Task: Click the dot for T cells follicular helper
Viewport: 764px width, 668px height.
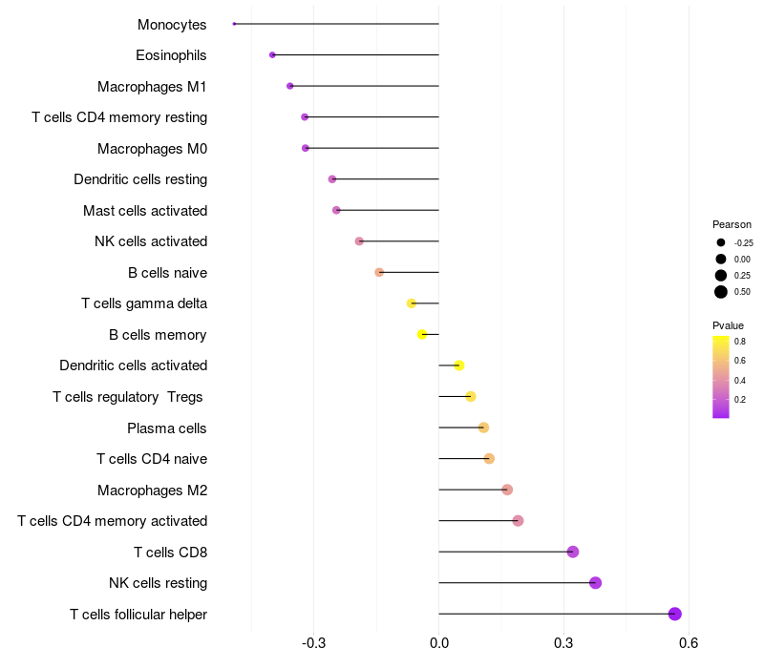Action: click(675, 614)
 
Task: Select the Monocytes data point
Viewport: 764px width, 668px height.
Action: click(234, 24)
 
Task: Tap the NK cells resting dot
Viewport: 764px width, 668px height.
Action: click(595, 583)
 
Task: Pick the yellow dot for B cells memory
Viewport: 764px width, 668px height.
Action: click(422, 334)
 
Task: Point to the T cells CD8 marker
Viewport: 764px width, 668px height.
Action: click(573, 552)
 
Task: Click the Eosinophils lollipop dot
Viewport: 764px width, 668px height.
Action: click(272, 55)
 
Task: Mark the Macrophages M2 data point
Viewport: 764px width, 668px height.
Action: click(507, 490)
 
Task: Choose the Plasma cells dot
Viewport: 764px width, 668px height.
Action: click(483, 428)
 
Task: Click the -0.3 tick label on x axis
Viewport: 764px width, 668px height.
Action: click(313, 643)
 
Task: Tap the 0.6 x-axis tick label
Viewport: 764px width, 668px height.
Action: click(688, 643)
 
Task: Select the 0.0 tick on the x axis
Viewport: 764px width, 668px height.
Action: click(438, 643)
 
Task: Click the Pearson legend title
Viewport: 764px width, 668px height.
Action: click(732, 224)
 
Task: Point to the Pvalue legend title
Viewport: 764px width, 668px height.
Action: click(729, 325)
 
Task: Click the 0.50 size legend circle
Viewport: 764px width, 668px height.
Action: click(721, 291)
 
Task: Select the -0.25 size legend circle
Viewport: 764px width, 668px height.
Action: click(721, 242)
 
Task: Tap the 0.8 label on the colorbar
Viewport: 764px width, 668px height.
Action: click(740, 341)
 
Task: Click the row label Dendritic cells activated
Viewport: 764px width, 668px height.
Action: click(133, 365)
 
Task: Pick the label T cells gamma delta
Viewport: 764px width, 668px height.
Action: click(144, 303)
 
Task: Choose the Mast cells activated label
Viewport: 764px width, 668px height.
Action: click(145, 210)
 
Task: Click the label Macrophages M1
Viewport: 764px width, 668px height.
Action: click(152, 87)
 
